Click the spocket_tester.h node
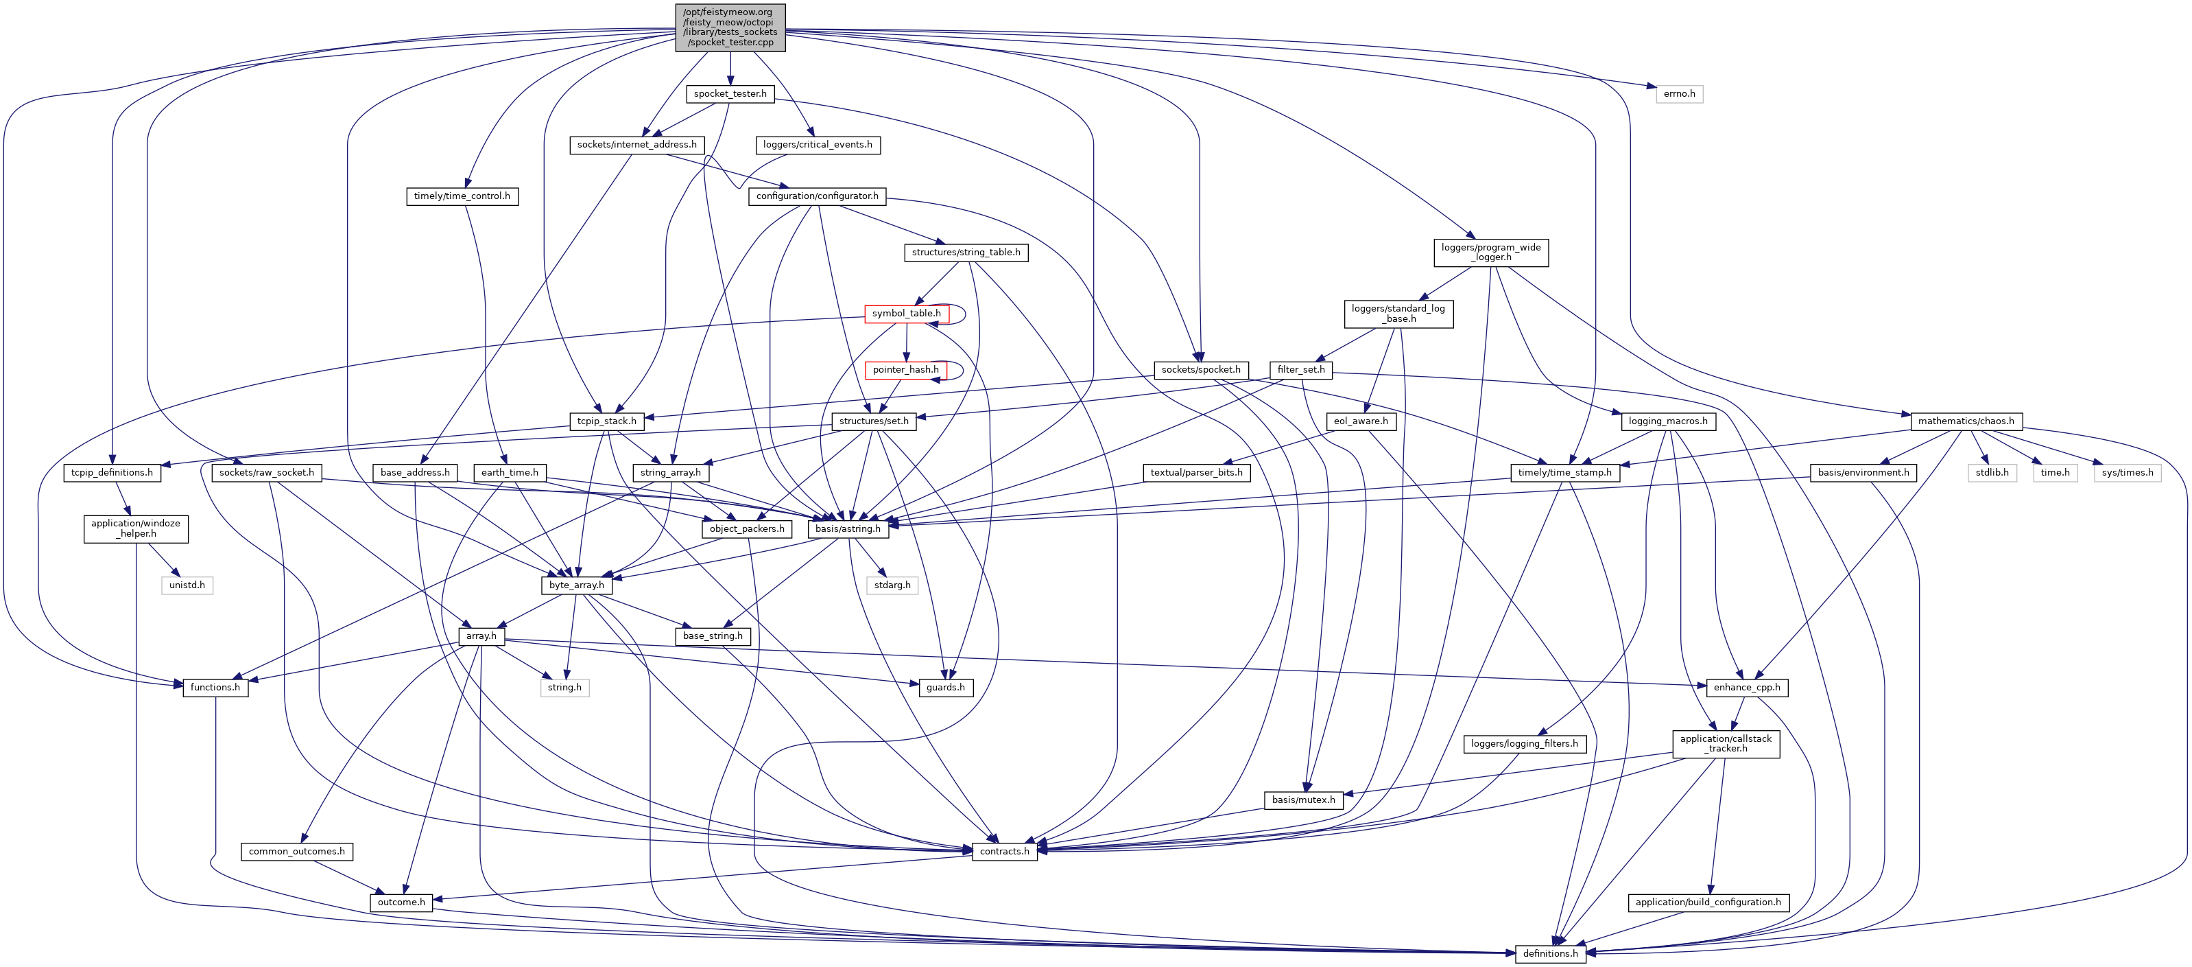(x=730, y=93)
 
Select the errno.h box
(x=1679, y=93)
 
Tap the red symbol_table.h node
(x=906, y=313)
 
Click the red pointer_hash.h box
(x=905, y=369)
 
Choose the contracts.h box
(x=1004, y=851)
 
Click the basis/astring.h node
(x=848, y=528)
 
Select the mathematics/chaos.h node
(x=1966, y=421)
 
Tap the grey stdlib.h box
(x=1992, y=472)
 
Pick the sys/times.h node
(x=2128, y=472)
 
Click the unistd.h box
(x=187, y=585)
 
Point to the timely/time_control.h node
(x=462, y=196)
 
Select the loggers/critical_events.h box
(x=818, y=145)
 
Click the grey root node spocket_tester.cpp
(x=730, y=27)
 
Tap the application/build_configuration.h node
(x=1708, y=902)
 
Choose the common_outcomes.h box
(x=297, y=851)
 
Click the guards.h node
(x=945, y=687)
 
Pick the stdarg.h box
(x=892, y=585)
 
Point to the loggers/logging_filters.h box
(x=1524, y=744)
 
